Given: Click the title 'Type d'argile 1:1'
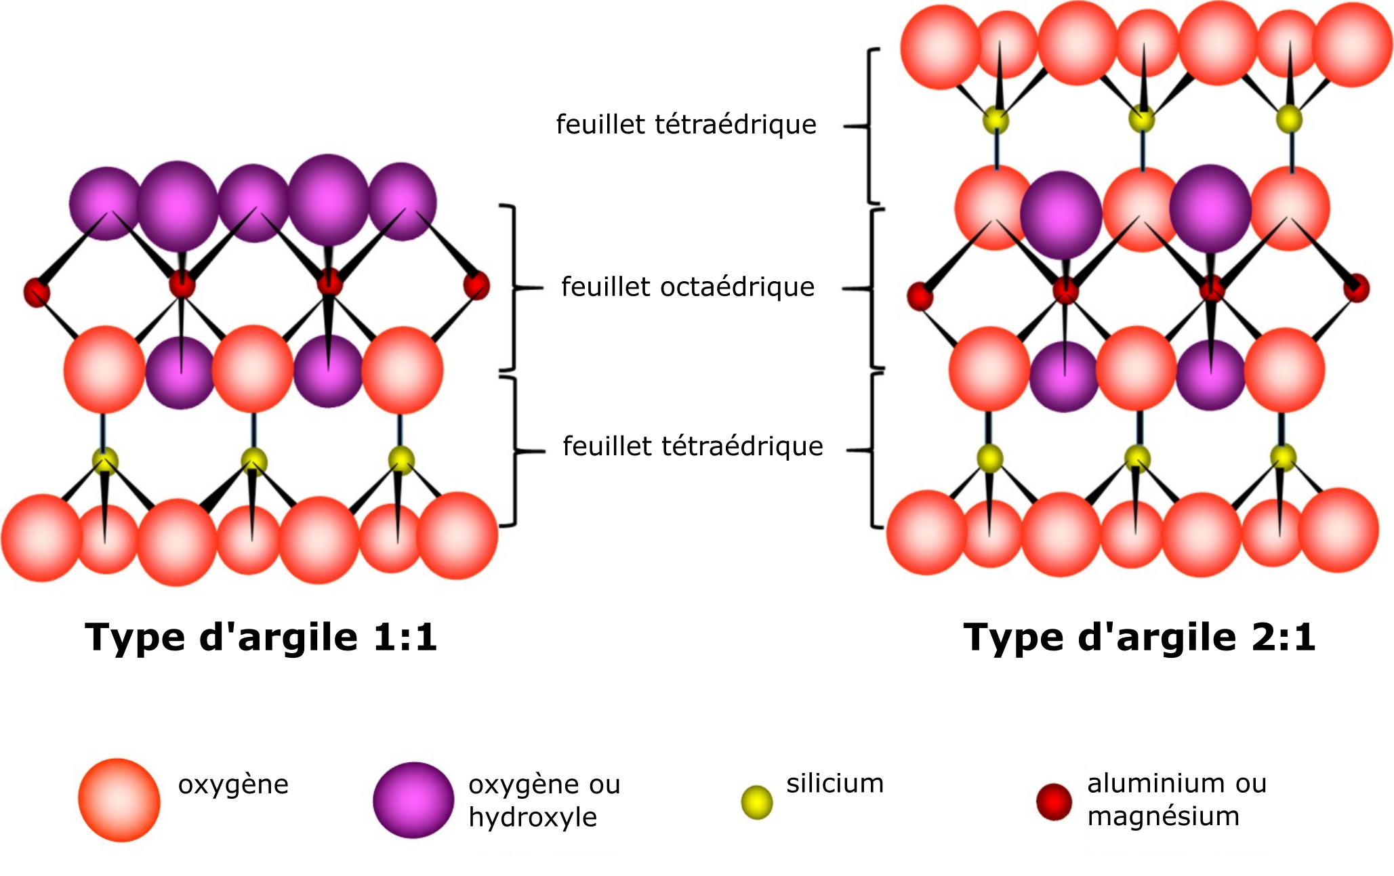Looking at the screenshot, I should point(261,638).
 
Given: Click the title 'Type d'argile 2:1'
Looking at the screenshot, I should point(1139,638).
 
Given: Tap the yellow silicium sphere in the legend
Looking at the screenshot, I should point(756,802).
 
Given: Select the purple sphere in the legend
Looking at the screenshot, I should point(413,800).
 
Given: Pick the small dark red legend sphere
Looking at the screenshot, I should point(1054,801).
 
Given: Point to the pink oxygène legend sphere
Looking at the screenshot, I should point(119,800).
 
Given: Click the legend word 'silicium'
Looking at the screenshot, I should point(835,784).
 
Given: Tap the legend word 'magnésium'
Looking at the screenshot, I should point(1163,816).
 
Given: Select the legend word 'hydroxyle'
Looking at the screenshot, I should point(533,818).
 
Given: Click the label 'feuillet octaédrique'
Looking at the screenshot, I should point(688,287).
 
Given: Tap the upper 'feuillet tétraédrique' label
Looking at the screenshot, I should point(686,125).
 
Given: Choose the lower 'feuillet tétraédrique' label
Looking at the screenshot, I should point(693,446).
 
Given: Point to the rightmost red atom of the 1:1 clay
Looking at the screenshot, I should point(476,285).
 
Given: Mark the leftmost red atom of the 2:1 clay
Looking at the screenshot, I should point(920,296).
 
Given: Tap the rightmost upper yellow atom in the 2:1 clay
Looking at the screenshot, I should point(1289,120).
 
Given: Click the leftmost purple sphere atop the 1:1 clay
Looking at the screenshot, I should point(105,203).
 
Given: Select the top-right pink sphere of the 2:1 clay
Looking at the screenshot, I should point(1352,45).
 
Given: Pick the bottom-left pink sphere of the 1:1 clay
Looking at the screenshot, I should point(42,537).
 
